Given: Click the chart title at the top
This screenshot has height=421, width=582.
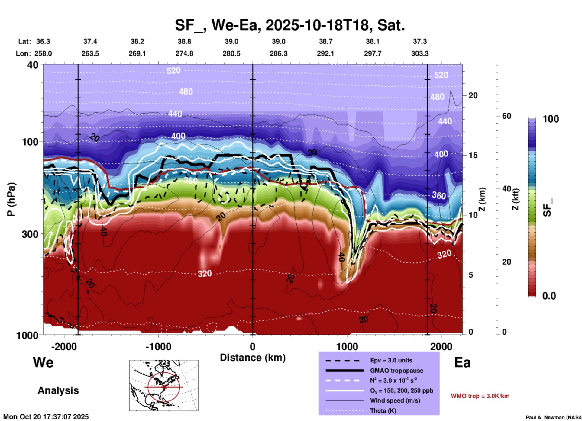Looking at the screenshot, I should coord(289,25).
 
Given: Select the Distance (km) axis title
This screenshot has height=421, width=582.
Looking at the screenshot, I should coord(253,358).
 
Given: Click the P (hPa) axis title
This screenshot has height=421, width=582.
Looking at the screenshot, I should coord(11,199).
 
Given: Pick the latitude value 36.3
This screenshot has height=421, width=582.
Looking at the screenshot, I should coord(43,41).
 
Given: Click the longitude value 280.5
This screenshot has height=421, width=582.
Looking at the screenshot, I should coord(231,53).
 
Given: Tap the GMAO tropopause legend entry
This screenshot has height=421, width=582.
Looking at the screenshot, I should coord(396,371).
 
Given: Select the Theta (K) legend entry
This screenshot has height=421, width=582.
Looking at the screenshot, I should coord(383,411).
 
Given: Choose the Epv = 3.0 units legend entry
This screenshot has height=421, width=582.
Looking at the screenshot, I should coord(391,360).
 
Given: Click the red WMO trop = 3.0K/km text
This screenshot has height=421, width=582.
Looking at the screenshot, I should coord(480,396).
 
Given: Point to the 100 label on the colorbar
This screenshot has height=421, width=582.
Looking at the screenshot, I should coord(551,119).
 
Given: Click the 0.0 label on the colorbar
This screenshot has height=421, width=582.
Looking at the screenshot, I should coord(549,296).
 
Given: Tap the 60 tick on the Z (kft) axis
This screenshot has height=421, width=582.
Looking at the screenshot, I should coord(506,116).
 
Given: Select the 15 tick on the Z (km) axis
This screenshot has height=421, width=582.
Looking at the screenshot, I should coord(473,155).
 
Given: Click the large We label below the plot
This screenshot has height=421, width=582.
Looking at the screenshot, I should coord(43,362).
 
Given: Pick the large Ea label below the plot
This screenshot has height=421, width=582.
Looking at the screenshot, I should coord(462,362).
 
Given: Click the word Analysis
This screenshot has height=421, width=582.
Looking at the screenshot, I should coord(58,390).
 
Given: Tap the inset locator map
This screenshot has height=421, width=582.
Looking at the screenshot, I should coord(164,385).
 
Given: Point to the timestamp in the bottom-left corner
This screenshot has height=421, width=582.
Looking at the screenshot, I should coord(46,417).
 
